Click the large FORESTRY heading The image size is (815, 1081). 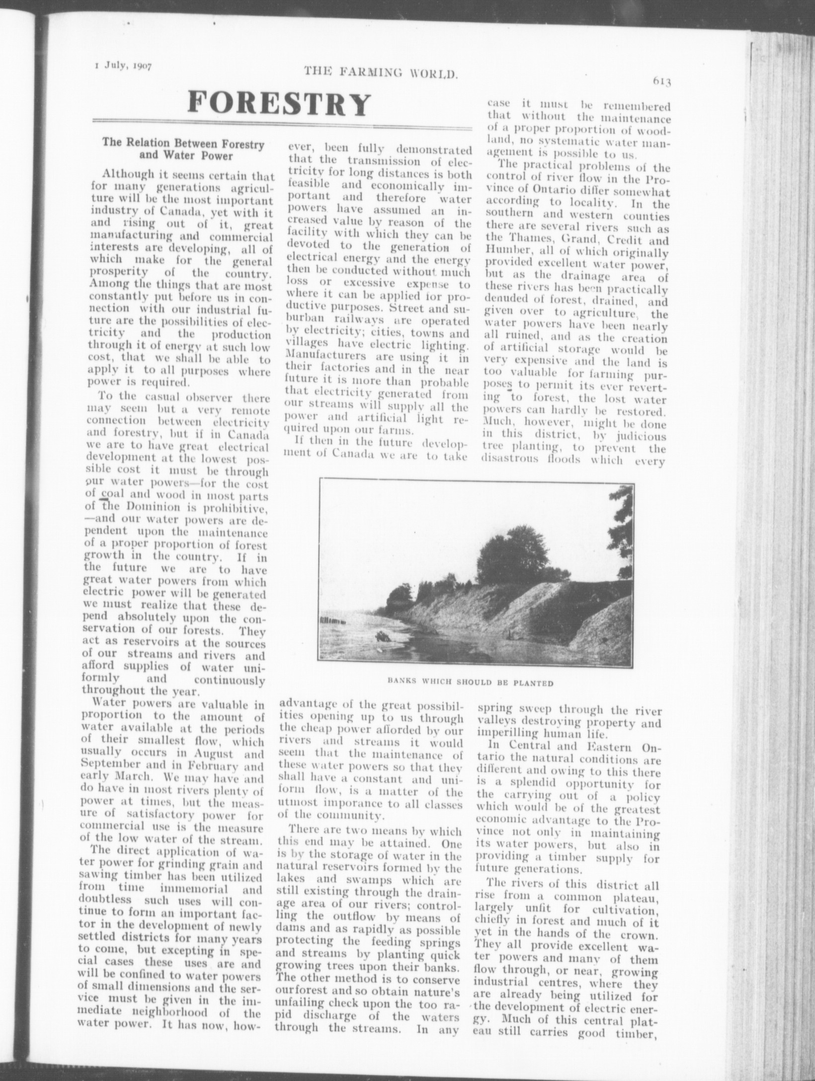pos(279,104)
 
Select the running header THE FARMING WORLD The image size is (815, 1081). pos(380,75)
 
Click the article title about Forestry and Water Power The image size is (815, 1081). pos(183,150)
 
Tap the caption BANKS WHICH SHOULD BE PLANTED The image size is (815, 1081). pos(470,683)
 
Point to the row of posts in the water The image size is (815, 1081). pos(334,621)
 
